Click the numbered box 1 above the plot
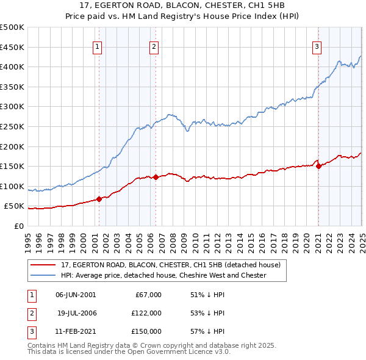[98, 46]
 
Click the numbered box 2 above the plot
[154, 46]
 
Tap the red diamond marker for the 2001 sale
[99, 199]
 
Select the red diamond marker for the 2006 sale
[156, 177]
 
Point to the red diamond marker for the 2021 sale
[318, 165]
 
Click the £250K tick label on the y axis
[12, 126]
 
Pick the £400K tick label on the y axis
[12, 67]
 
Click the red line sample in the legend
[43, 265]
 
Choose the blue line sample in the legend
[43, 275]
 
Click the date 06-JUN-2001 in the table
[76, 294]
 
